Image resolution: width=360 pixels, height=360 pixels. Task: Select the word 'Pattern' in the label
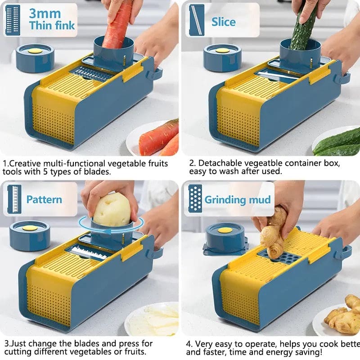(x=44, y=199)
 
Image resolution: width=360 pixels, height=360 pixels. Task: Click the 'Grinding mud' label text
(x=238, y=199)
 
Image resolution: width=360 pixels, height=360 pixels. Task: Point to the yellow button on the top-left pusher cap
(x=35, y=51)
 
